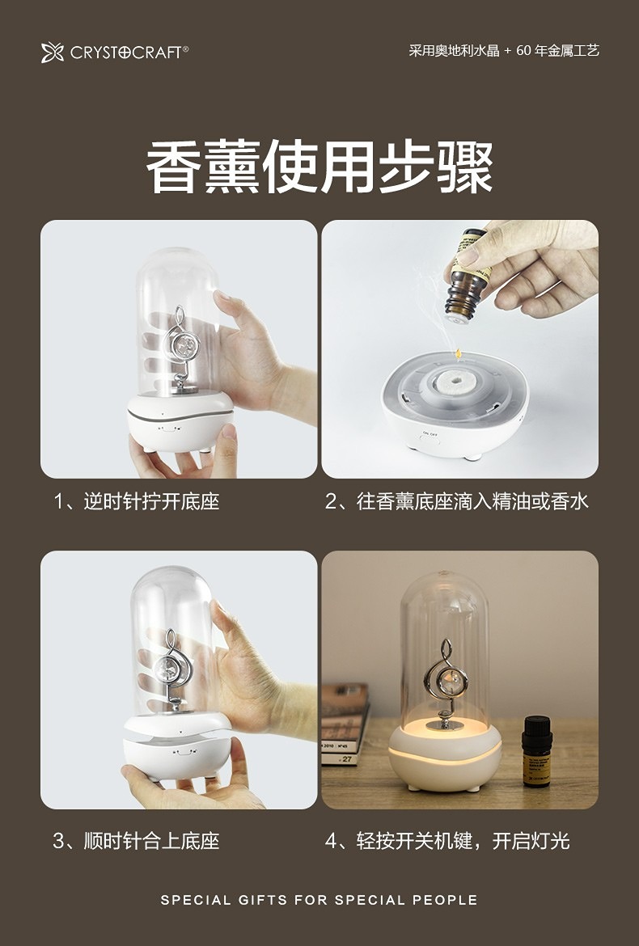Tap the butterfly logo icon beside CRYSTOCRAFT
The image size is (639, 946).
tap(53, 53)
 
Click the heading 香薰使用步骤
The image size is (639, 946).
tap(319, 167)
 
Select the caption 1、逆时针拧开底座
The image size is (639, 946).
tap(137, 501)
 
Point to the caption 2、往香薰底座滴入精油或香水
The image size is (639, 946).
tap(456, 501)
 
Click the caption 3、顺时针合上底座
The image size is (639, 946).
tap(137, 840)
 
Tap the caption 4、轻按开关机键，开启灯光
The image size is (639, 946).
tap(447, 840)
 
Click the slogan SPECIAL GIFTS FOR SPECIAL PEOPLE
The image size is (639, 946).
tap(319, 900)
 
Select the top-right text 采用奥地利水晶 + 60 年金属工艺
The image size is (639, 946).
tap(504, 51)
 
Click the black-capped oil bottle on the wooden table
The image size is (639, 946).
tap(536, 751)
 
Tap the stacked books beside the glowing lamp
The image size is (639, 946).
tap(345, 724)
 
